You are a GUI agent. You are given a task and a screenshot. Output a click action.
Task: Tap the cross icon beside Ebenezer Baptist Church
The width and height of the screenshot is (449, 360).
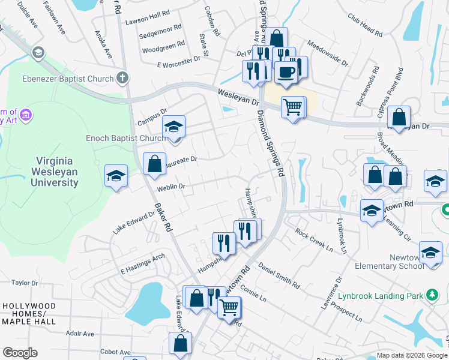pyautogui.click(x=122, y=77)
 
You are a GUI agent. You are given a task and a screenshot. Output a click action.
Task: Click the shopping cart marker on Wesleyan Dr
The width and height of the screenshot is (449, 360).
pyautogui.click(x=292, y=107)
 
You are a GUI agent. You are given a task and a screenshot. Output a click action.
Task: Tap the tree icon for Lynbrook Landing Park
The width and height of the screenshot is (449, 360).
pyautogui.click(x=431, y=294)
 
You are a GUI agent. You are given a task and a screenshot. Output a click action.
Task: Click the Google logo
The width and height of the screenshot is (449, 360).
pyautogui.click(x=20, y=353)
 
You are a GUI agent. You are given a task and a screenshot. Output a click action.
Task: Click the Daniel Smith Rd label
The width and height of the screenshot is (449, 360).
pyautogui.click(x=279, y=274)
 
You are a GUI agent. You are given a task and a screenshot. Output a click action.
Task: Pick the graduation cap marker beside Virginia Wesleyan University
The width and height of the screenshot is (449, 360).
pyautogui.click(x=116, y=176)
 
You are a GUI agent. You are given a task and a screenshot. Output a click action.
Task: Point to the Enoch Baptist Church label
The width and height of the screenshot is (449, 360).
pyautogui.click(x=125, y=138)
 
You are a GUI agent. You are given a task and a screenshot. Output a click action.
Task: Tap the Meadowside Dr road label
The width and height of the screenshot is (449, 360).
pyautogui.click(x=327, y=53)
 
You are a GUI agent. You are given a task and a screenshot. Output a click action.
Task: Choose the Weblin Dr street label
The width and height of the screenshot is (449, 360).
pyautogui.click(x=171, y=187)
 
